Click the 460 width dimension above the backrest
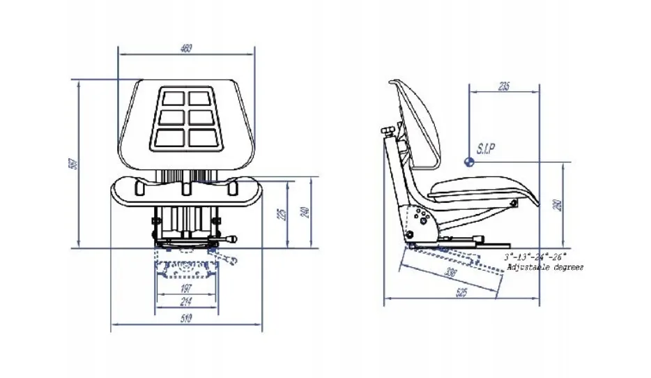pos(186,48)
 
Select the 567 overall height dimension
pos(72,164)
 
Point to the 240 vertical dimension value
pos(305,213)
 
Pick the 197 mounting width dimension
pos(186,289)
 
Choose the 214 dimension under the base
pos(186,301)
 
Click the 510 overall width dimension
pos(186,319)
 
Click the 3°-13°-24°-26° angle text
pos(535,257)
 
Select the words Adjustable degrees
pos(545,267)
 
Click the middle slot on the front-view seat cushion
pos(186,188)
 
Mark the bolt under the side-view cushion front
pos(514,204)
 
